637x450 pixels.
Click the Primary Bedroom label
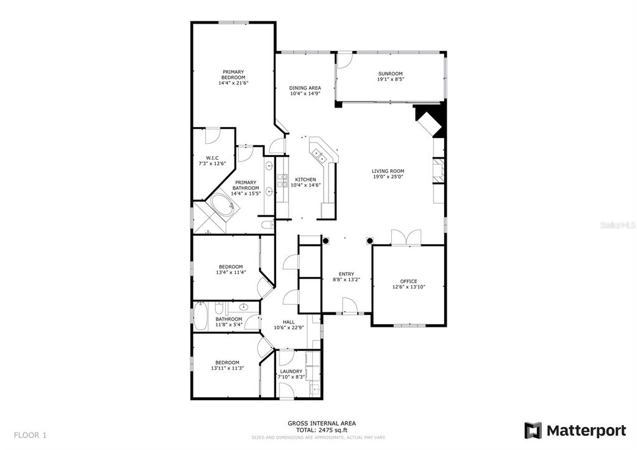coord(233,75)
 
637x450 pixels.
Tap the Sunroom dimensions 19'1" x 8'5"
coord(391,79)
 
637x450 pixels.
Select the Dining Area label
coord(305,88)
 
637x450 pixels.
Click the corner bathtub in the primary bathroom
coord(222,207)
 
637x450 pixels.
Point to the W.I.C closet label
coord(212,157)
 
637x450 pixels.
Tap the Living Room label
coord(388,171)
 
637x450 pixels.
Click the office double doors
coord(406,237)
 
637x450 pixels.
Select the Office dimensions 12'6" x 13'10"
coord(409,287)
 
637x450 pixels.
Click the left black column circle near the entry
coord(326,241)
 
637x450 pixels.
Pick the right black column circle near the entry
coord(370,241)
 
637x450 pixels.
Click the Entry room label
coord(346,274)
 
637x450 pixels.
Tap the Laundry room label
coord(291,371)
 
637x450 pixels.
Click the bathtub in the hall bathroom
coord(200,317)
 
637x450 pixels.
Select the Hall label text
coord(289,322)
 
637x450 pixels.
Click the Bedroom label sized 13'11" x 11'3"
coord(228,363)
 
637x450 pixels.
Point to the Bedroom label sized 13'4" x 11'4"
coord(231,267)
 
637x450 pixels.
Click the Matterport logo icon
coord(532,431)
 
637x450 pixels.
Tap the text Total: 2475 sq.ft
coord(322,429)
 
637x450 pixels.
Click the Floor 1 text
coord(30,435)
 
